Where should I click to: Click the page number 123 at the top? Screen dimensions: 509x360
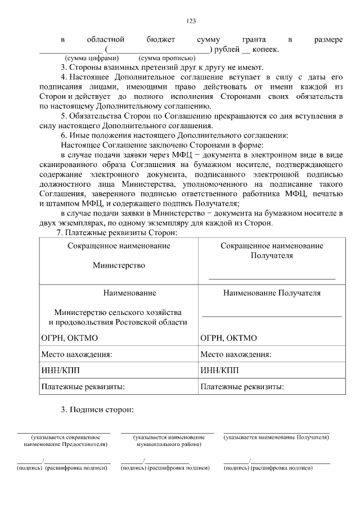pos(191,21)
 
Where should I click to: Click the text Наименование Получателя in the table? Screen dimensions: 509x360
pos(272,293)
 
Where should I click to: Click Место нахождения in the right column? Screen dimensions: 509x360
pos(236,354)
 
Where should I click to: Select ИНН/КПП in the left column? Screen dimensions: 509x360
pos(61,370)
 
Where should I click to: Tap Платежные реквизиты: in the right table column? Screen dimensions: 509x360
pos(242,386)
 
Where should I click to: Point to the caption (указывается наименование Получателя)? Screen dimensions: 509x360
pos(276,436)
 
